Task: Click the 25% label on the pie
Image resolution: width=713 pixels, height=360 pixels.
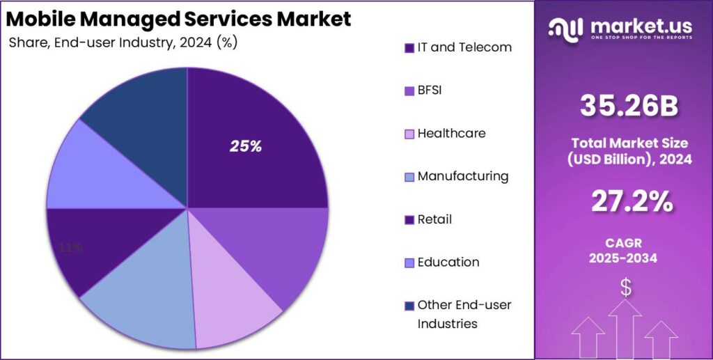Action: click(246, 146)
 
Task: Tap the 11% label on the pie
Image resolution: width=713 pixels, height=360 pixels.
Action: click(71, 247)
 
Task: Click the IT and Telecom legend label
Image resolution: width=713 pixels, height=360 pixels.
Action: click(464, 47)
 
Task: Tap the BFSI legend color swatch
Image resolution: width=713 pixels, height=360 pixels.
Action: click(409, 91)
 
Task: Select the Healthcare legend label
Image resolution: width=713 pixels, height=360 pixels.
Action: click(451, 133)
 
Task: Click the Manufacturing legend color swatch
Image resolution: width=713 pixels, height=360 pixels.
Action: click(409, 177)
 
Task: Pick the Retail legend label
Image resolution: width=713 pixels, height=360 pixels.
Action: click(434, 219)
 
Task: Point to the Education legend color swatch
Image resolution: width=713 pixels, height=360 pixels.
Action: click(409, 263)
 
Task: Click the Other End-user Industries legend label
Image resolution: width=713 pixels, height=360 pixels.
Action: click(464, 314)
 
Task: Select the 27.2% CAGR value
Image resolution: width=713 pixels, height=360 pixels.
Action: click(632, 201)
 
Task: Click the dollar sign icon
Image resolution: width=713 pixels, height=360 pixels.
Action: click(626, 287)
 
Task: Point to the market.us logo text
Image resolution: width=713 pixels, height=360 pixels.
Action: click(641, 26)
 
